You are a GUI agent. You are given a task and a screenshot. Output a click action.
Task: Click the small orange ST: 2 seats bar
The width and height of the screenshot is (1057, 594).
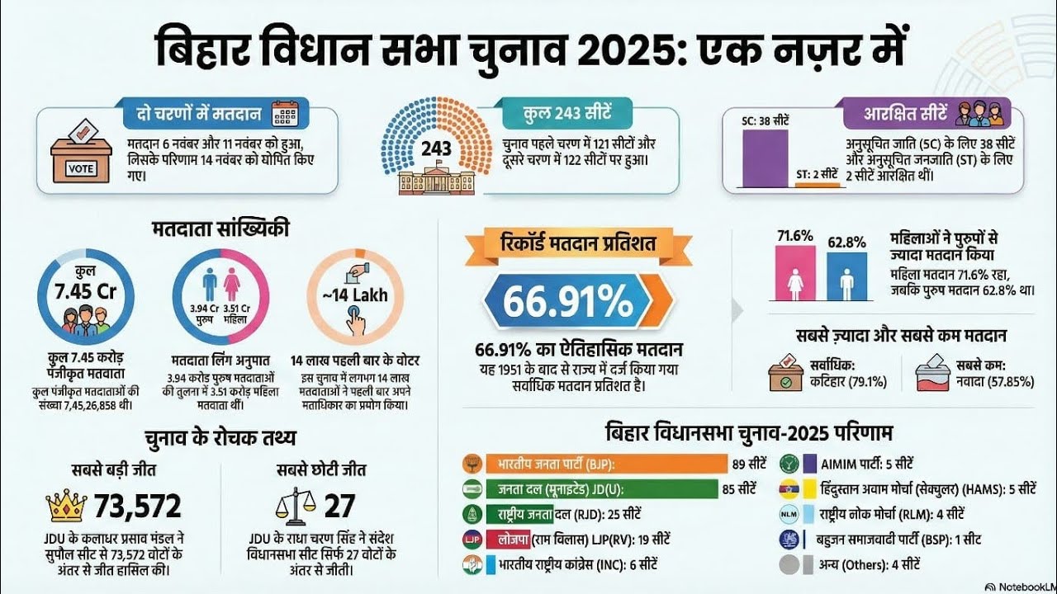[x=816, y=184]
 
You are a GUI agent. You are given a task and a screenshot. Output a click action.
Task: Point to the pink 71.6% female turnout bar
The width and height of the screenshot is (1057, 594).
[x=796, y=276]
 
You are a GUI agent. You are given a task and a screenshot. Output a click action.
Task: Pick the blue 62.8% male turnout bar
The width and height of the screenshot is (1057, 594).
[x=846, y=276]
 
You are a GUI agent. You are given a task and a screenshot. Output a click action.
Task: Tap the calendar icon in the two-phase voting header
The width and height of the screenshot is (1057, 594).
[x=285, y=113]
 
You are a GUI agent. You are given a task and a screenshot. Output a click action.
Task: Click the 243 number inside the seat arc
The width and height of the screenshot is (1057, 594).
[x=436, y=149]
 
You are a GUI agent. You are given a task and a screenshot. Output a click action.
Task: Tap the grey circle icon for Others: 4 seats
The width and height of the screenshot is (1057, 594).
[x=790, y=565]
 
